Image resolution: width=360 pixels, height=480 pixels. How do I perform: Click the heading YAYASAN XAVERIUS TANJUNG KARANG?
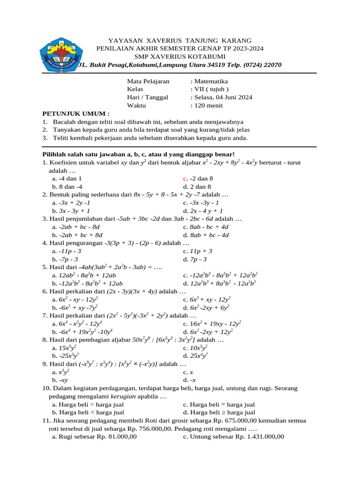(180, 41)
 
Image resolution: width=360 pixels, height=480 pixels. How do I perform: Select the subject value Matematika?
(210, 81)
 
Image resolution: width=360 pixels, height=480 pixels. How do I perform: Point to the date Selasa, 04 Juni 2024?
(223, 97)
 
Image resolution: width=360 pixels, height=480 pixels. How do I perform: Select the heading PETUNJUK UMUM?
(76, 113)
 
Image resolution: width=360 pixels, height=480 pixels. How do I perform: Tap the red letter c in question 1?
(185, 179)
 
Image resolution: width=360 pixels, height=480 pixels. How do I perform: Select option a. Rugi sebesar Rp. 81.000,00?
(94, 437)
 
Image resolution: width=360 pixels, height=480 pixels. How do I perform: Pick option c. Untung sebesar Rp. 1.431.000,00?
(233, 437)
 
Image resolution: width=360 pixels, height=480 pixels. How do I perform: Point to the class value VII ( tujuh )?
(210, 89)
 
